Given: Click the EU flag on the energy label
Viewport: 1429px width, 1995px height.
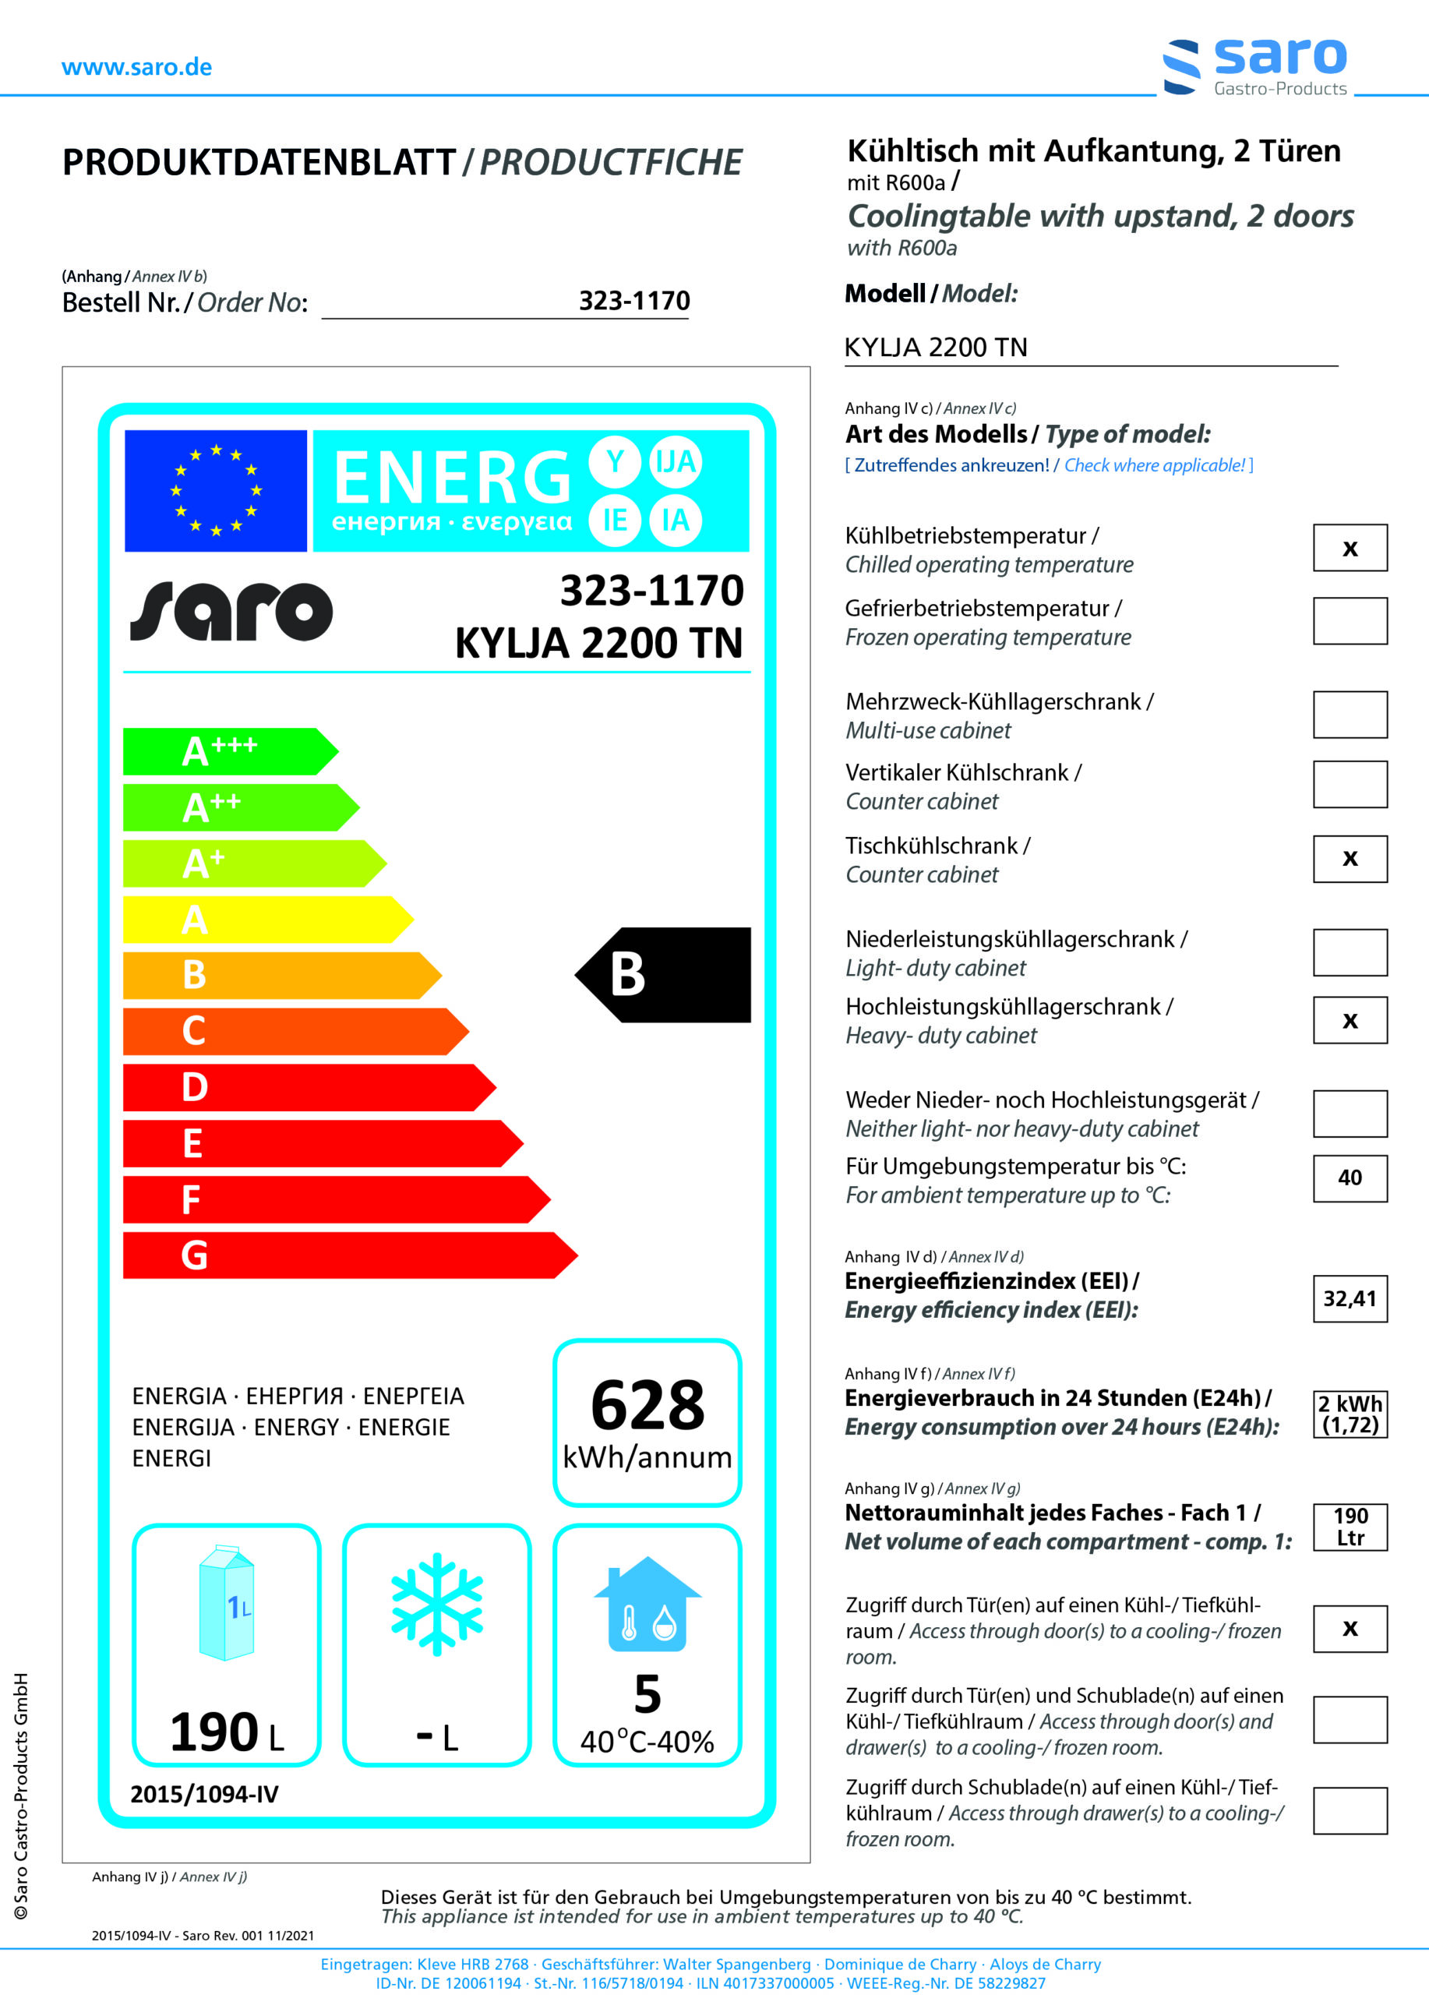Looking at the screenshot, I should coord(216,490).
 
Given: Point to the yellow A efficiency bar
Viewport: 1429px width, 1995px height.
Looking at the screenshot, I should coord(264,920).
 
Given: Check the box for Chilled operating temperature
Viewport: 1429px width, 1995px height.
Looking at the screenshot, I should coord(1350,548).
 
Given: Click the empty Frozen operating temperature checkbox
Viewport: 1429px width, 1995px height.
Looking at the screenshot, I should coord(1350,621).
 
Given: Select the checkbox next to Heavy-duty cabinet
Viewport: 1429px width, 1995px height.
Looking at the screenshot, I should coord(1350,1020).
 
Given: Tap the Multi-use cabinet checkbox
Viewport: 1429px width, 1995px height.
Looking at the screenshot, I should coord(1350,715).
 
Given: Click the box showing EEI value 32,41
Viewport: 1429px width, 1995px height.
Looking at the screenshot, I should coord(1350,1298).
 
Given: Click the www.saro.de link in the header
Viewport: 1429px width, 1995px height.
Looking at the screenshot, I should coord(136,68).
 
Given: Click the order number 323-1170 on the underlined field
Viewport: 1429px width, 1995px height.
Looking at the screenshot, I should coord(634,301).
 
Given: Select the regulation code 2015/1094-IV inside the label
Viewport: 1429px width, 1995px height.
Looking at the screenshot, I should coord(204,1794).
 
